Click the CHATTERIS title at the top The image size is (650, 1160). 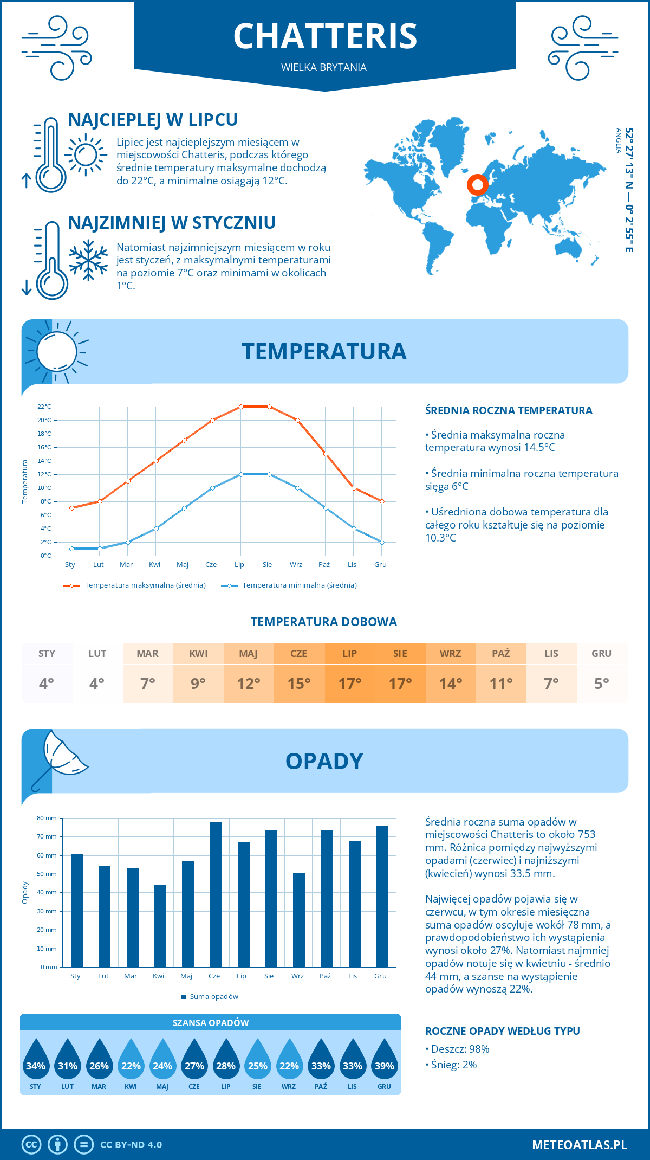(x=325, y=36)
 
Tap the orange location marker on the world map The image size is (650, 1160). (x=477, y=185)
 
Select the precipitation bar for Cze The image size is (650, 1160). (x=216, y=894)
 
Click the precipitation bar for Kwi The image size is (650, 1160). (x=160, y=925)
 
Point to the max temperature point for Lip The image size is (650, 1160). (x=241, y=407)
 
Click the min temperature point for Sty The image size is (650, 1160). (x=71, y=549)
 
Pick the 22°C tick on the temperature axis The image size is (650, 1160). (x=44, y=407)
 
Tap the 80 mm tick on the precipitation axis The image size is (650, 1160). (x=47, y=818)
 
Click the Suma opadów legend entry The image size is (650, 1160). (x=213, y=997)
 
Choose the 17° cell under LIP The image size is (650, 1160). (x=349, y=684)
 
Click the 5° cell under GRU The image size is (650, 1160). (x=601, y=684)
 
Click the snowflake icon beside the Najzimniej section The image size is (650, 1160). (x=88, y=260)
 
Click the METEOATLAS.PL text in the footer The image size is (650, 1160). (x=579, y=1145)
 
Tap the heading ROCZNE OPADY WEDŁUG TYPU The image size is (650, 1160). (x=502, y=1031)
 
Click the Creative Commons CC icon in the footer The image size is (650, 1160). (x=31, y=1145)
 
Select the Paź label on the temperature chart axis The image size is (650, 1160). (x=324, y=565)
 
